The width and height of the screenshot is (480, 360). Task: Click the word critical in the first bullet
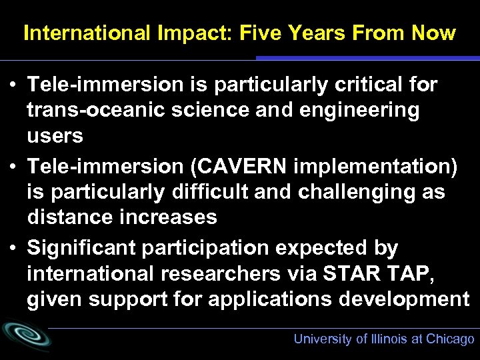click(364, 85)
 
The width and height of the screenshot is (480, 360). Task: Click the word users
click(55, 136)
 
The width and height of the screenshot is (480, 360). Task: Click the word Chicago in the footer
click(451, 339)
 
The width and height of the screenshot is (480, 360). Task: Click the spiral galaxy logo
click(25, 335)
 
